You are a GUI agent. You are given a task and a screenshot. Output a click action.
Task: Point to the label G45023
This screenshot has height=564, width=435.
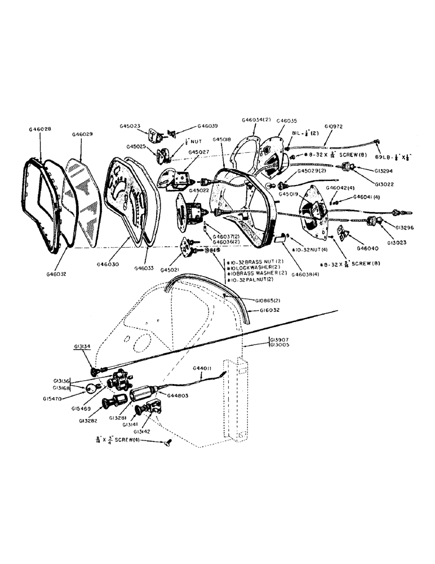(x=130, y=126)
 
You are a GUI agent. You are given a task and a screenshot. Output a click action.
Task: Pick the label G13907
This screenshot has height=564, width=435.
(x=279, y=340)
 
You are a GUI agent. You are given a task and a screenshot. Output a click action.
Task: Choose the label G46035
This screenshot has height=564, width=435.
(x=287, y=121)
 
